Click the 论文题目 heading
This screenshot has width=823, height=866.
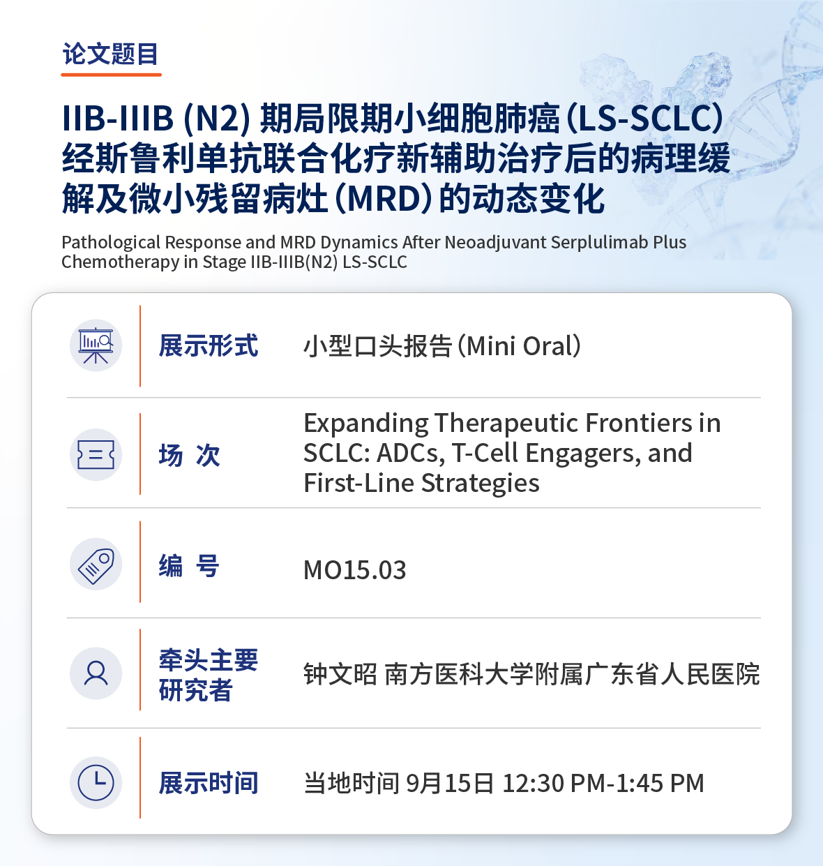click(x=110, y=54)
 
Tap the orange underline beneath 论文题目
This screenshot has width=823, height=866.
click(x=111, y=75)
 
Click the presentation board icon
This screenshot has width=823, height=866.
click(x=96, y=345)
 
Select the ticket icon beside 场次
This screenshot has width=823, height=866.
click(x=96, y=454)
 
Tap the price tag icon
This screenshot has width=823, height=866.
click(x=96, y=565)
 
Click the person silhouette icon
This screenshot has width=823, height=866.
click(x=96, y=673)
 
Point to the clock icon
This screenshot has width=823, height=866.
click(x=96, y=782)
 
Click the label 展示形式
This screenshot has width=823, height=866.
click(x=209, y=345)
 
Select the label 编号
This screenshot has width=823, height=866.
click(x=189, y=566)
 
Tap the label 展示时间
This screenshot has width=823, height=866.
click(x=209, y=783)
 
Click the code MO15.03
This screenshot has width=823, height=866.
click(x=354, y=570)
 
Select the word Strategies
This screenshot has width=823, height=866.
click(x=480, y=483)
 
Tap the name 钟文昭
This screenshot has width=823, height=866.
click(x=340, y=674)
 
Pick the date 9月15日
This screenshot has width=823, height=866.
click(x=449, y=783)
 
